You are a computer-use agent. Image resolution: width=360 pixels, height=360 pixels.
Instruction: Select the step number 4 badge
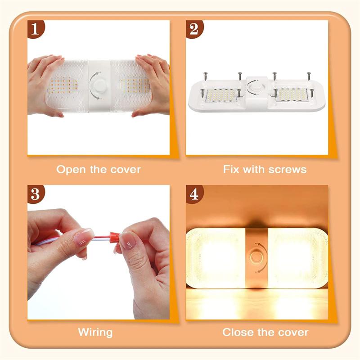194,194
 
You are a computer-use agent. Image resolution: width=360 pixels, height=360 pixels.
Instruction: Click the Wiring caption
95,333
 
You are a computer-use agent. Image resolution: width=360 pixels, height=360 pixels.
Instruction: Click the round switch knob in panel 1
98,85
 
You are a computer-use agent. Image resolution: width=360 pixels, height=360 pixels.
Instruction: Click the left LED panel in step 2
220,95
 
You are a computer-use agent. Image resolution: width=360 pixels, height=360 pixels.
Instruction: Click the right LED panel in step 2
292,94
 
